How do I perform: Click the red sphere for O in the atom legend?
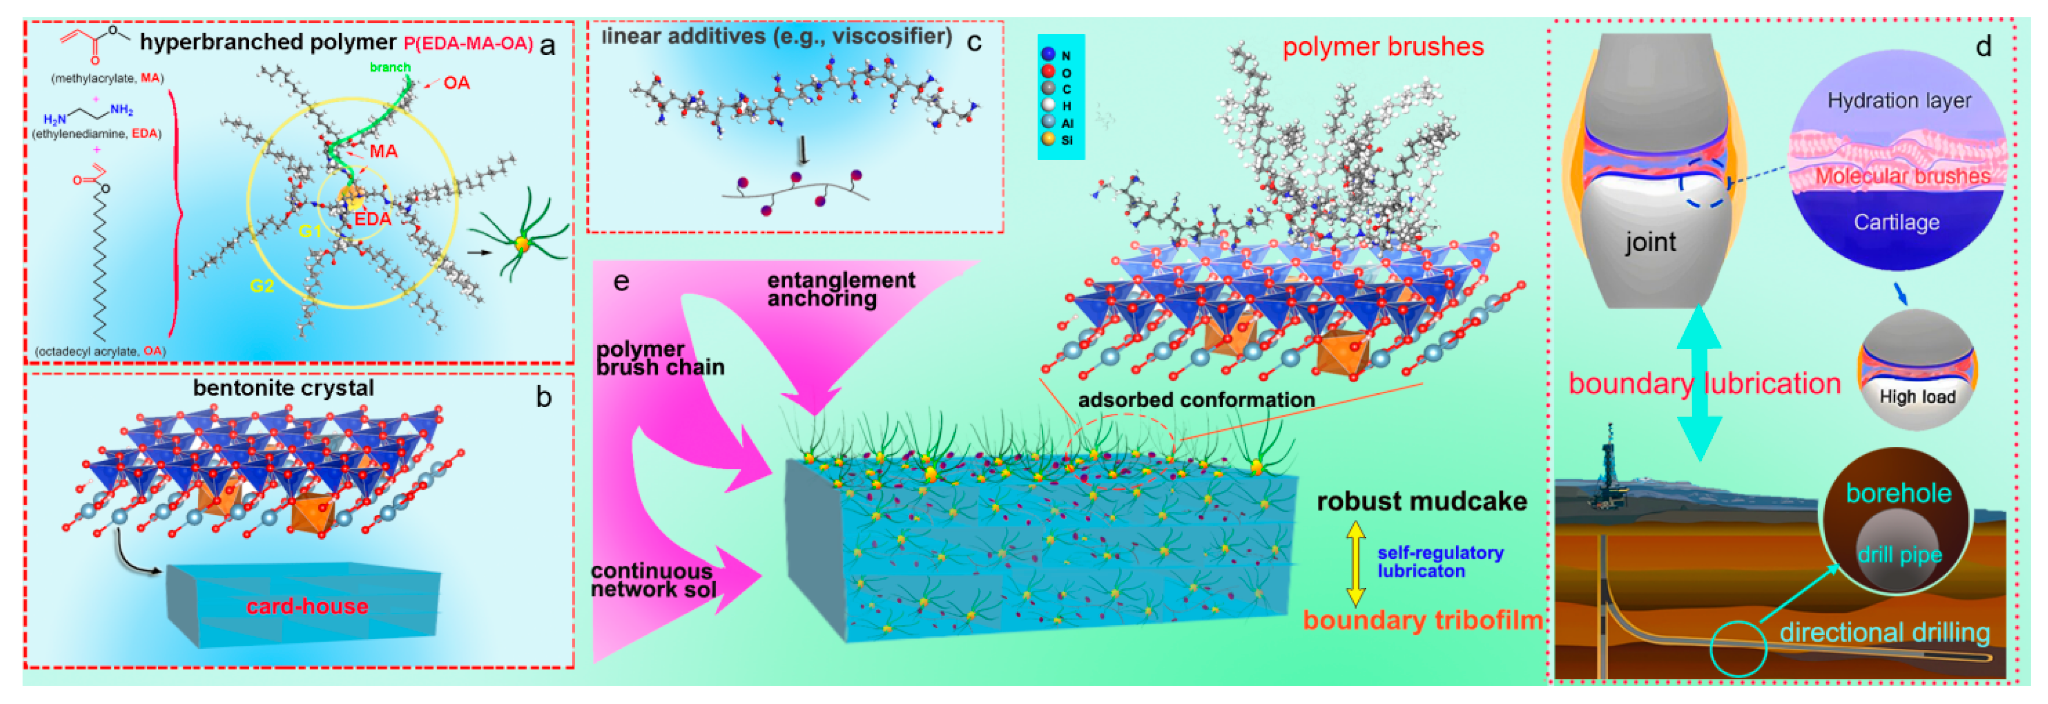[x=1048, y=72]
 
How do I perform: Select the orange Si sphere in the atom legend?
[x=1048, y=139]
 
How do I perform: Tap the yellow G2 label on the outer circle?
[x=262, y=286]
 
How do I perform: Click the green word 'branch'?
[x=390, y=68]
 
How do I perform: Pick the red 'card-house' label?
[x=308, y=606]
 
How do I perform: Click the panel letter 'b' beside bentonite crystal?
[x=544, y=397]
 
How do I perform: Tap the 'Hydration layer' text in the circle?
[x=1899, y=101]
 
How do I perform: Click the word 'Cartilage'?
[x=1897, y=222]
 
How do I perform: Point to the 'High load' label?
[x=1917, y=396]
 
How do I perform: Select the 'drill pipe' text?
[x=1899, y=555]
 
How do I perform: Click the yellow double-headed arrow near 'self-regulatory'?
[x=1356, y=564]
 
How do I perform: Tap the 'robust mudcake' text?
[x=1422, y=501]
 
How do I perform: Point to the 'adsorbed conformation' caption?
[x=1196, y=400]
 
